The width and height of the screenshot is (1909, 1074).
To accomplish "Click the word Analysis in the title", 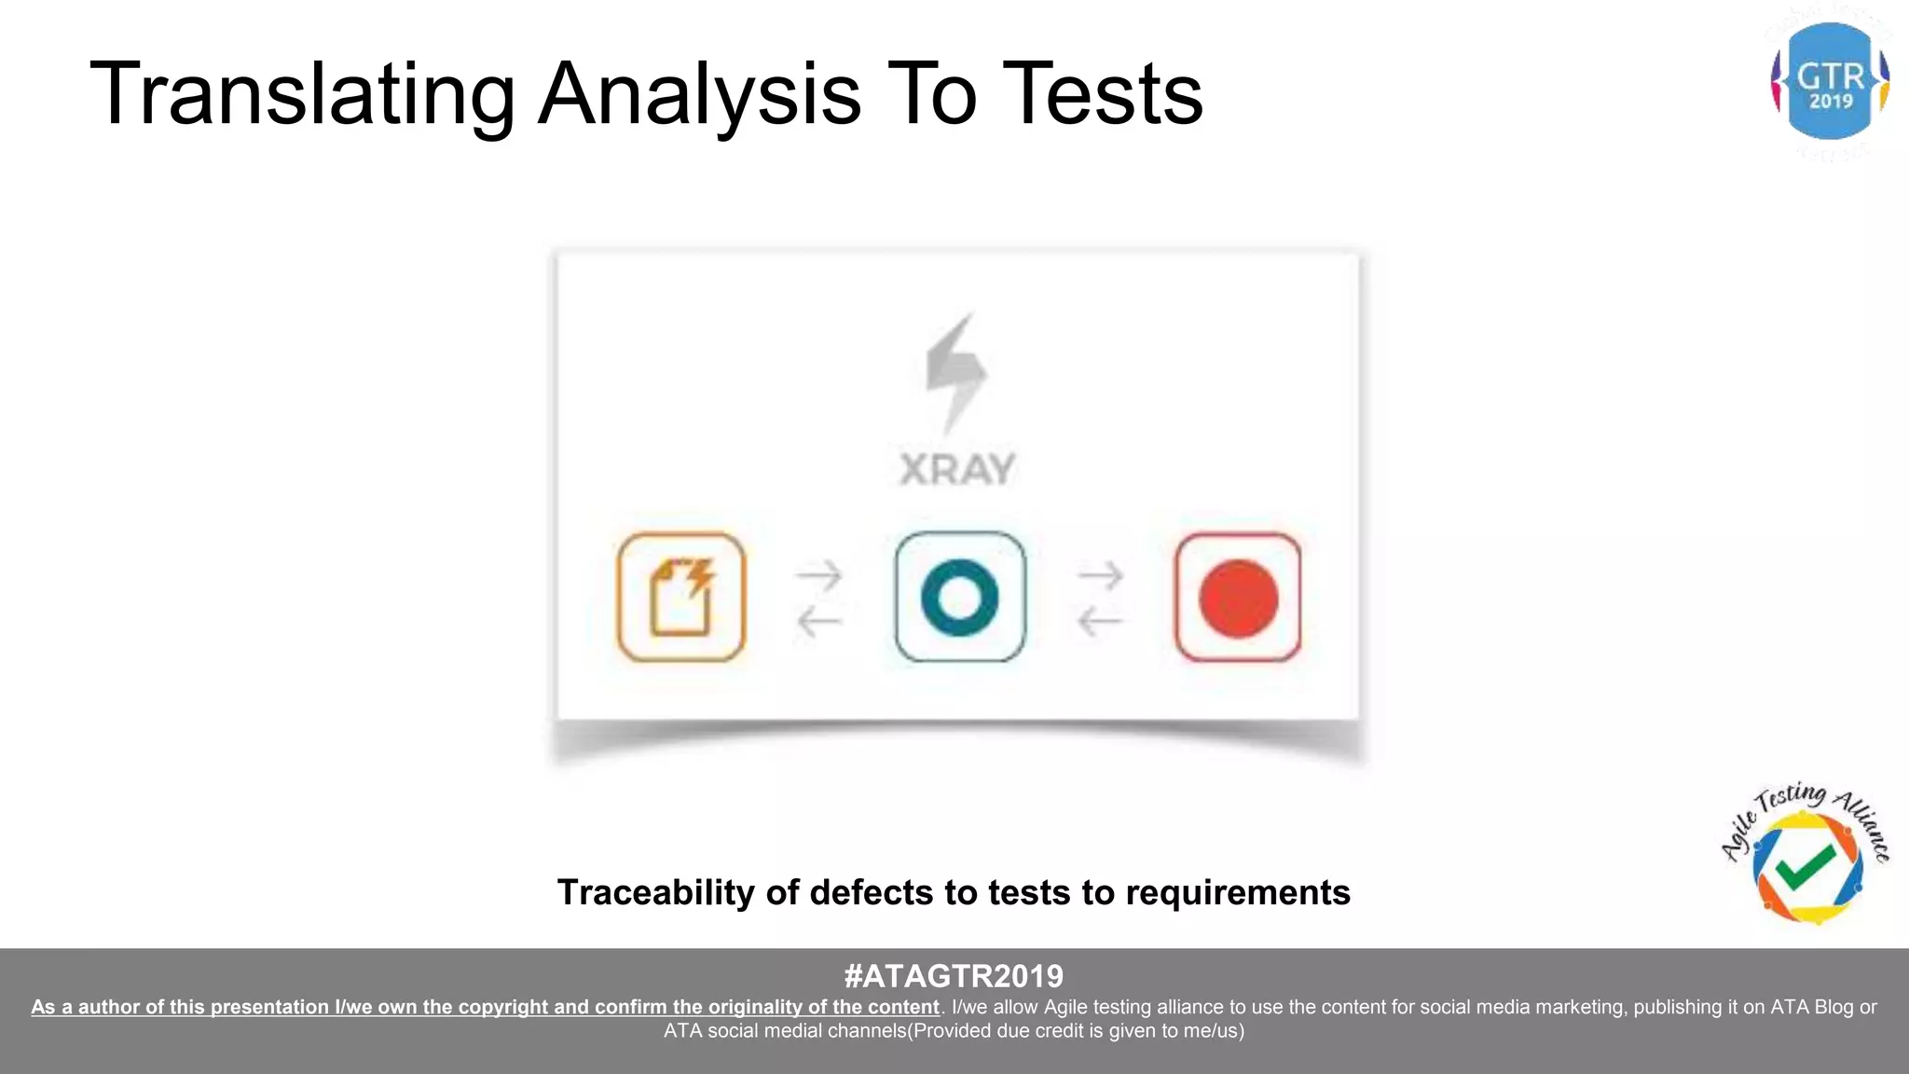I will coord(699,94).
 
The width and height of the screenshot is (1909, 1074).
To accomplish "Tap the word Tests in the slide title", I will coord(1106,94).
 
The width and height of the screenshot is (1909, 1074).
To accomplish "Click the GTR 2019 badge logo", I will coord(1830,82).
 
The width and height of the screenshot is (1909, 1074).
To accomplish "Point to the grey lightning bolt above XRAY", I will coord(955,373).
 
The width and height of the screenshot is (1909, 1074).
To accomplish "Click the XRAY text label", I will coord(957,469).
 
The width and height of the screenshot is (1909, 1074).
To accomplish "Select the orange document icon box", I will coord(681,598).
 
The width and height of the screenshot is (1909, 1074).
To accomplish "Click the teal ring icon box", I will coord(960,598).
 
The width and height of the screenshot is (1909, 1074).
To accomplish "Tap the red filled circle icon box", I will coord(1238,598).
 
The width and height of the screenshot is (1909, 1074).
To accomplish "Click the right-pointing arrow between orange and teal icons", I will coord(820,576).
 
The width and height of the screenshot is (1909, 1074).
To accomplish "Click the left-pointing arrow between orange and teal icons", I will coord(820,620).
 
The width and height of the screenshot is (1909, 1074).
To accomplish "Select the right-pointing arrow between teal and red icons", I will coord(1100,576).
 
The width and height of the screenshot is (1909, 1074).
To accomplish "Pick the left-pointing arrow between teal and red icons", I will coord(1100,620).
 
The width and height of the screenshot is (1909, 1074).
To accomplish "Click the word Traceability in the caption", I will coord(655,893).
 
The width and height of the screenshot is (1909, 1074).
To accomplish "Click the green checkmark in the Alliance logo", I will coord(1806,867).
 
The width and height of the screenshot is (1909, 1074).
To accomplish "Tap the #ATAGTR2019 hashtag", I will coord(954,976).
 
